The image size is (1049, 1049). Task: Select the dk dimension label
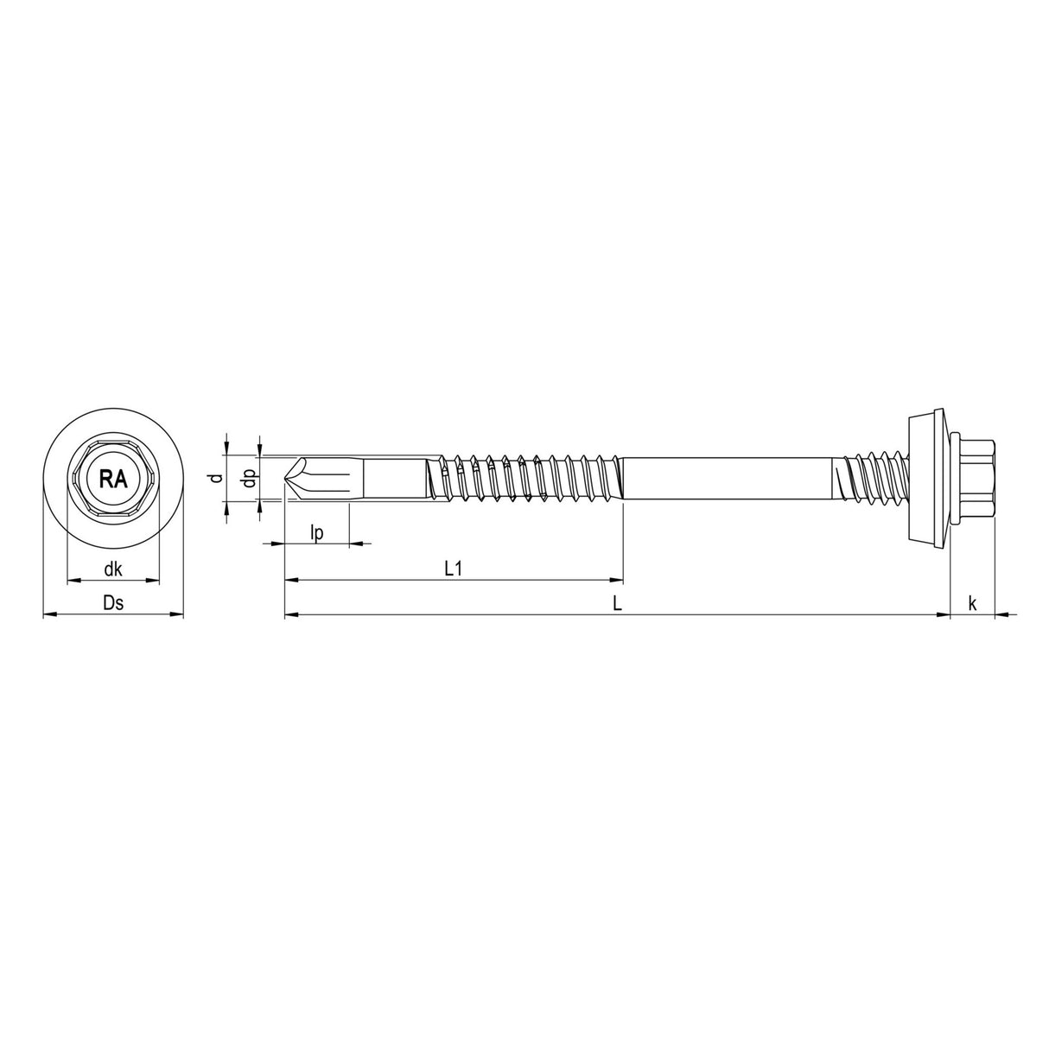coord(112,569)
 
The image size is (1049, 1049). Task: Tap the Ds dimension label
coord(113,604)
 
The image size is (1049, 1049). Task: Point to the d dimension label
coord(219,478)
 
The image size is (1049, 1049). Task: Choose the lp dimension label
coord(316,533)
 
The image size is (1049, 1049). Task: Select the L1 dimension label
coord(455,569)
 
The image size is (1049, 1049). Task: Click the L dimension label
coord(617,604)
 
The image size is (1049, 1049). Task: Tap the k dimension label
coord(972,604)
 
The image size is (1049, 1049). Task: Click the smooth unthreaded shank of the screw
coord(726,478)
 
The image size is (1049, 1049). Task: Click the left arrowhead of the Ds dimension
coord(48,615)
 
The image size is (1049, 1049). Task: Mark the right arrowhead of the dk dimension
coord(155,580)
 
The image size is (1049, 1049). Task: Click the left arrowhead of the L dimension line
coord(290,615)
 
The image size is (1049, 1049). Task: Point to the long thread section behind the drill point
coord(527,478)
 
